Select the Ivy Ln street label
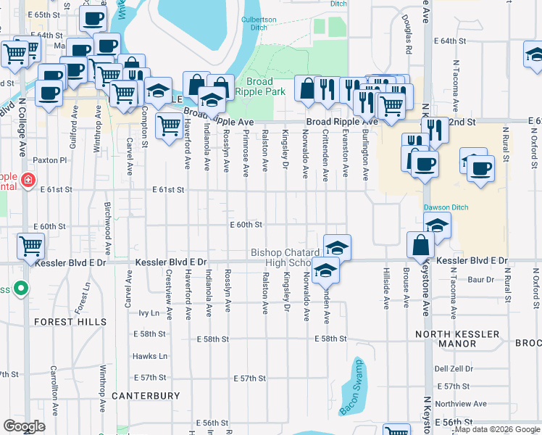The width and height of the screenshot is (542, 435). point(148,313)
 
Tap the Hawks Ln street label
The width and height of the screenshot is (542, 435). point(150,356)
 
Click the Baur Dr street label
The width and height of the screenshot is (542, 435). point(480,279)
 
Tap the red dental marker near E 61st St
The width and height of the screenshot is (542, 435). point(28,181)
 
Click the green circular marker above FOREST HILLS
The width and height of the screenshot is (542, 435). point(22,289)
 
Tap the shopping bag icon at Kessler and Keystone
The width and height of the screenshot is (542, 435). point(420,246)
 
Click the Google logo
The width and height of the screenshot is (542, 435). point(25,426)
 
